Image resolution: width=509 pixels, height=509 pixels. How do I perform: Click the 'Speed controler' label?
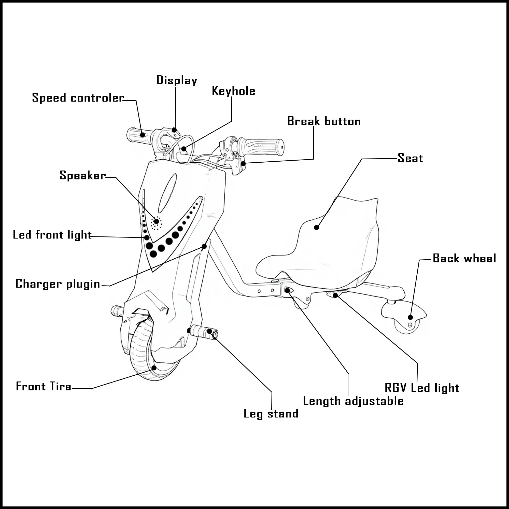pyautogui.click(x=78, y=98)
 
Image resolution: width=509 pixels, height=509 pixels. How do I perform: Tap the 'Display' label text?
pyautogui.click(x=177, y=80)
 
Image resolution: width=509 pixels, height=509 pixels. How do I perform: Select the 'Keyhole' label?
pyautogui.click(x=233, y=91)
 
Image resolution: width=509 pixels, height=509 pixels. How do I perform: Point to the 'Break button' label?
pyautogui.click(x=324, y=121)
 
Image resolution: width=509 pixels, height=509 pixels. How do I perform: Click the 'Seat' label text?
pyautogui.click(x=410, y=158)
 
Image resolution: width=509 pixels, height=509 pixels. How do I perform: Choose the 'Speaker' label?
pyautogui.click(x=82, y=175)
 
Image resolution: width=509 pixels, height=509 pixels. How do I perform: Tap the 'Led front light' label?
pyautogui.click(x=52, y=235)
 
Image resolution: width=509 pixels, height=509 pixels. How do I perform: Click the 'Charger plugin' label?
pyautogui.click(x=58, y=284)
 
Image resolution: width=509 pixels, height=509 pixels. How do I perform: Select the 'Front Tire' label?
pyautogui.click(x=44, y=386)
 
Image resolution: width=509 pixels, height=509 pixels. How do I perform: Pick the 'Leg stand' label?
pyautogui.click(x=271, y=414)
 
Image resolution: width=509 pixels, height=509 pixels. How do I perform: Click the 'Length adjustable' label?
pyautogui.click(x=353, y=401)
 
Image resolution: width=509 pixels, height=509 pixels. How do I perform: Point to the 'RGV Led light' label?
pyautogui.click(x=422, y=388)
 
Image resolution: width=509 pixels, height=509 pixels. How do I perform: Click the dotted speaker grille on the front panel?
pyautogui.click(x=156, y=223)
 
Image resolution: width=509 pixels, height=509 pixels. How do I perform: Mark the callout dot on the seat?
pyautogui.click(x=316, y=227)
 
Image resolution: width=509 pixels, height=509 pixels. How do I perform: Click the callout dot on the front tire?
pyautogui.click(x=154, y=368)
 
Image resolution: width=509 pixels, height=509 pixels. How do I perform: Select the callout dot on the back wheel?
pyautogui.click(x=410, y=317)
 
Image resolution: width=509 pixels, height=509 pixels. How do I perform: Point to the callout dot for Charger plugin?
pyautogui.click(x=204, y=246)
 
